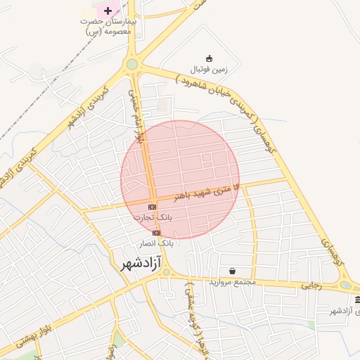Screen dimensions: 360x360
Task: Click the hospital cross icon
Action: (108, 10)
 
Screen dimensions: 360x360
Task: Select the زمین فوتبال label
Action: (209, 70)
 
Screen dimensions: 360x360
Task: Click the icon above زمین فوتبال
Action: (209, 58)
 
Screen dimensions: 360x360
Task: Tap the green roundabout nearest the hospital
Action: (131, 65)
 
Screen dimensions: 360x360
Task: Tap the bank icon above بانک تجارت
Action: (153, 206)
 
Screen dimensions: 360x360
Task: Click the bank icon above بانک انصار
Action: (156, 233)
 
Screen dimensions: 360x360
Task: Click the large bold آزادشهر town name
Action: (131, 264)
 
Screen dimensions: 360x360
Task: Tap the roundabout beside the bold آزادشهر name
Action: (165, 272)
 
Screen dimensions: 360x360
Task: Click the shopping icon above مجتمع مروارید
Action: (233, 271)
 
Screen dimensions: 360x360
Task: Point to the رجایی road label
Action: (311, 285)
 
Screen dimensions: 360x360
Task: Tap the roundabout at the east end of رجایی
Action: (345, 285)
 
